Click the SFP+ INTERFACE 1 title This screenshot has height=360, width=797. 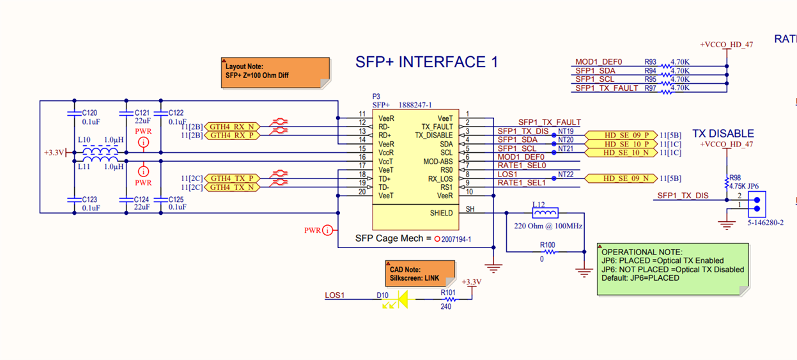click(x=426, y=63)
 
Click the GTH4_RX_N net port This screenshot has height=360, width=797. click(x=232, y=127)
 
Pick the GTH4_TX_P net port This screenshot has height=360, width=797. click(x=232, y=178)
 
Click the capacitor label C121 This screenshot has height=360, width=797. click(x=142, y=112)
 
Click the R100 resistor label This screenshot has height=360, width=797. click(x=547, y=244)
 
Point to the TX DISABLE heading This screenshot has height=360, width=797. click(x=723, y=134)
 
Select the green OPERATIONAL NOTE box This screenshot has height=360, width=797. click(x=672, y=269)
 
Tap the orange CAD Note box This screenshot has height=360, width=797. click(x=420, y=274)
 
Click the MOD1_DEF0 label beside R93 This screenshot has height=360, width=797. click(x=599, y=62)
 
